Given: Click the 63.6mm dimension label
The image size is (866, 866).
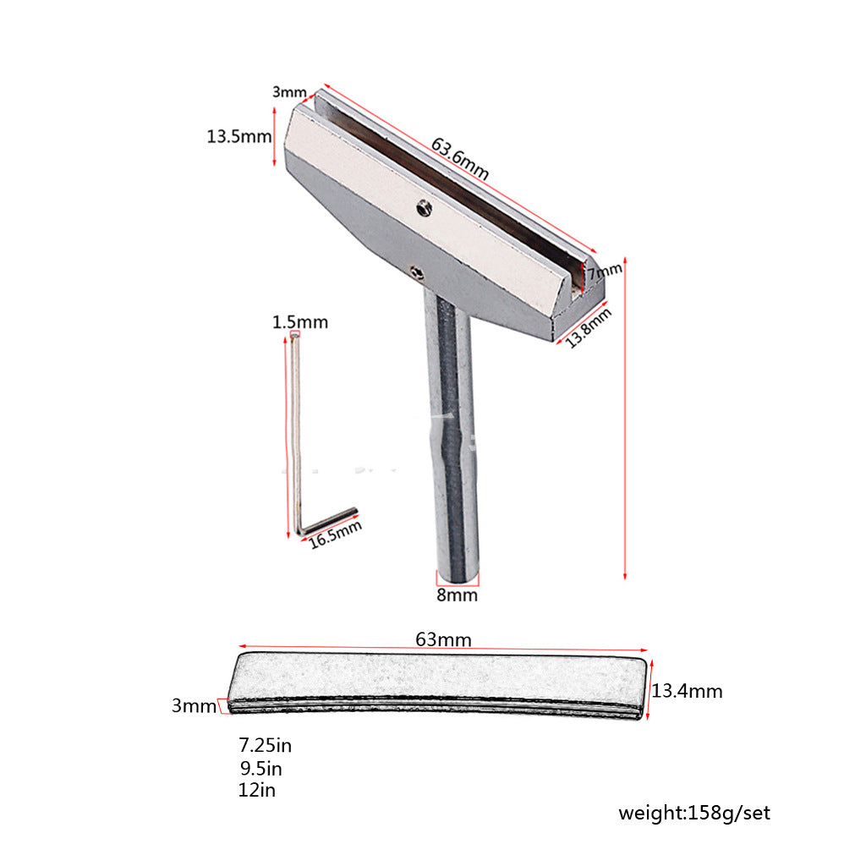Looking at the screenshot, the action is click(x=459, y=159).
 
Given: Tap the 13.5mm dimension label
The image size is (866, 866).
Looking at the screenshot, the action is click(x=239, y=136).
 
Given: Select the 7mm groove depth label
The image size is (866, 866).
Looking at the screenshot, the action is click(x=604, y=271).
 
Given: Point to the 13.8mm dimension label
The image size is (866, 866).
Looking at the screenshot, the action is click(x=589, y=327).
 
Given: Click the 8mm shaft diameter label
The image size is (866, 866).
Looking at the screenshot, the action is click(x=457, y=595).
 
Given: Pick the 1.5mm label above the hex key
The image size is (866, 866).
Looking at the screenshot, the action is click(x=300, y=322).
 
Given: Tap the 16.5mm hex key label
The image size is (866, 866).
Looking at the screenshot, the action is click(x=335, y=534).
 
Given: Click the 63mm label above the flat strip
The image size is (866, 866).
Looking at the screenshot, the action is click(x=443, y=639).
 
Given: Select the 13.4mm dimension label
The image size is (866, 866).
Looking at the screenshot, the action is click(x=687, y=691).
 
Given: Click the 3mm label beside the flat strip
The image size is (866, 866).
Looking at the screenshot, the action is click(x=194, y=705).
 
